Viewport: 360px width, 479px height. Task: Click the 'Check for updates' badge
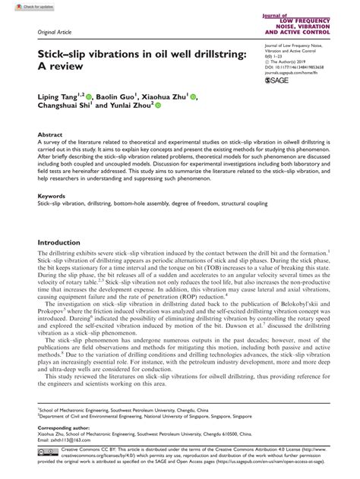click(x=23, y=6)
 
